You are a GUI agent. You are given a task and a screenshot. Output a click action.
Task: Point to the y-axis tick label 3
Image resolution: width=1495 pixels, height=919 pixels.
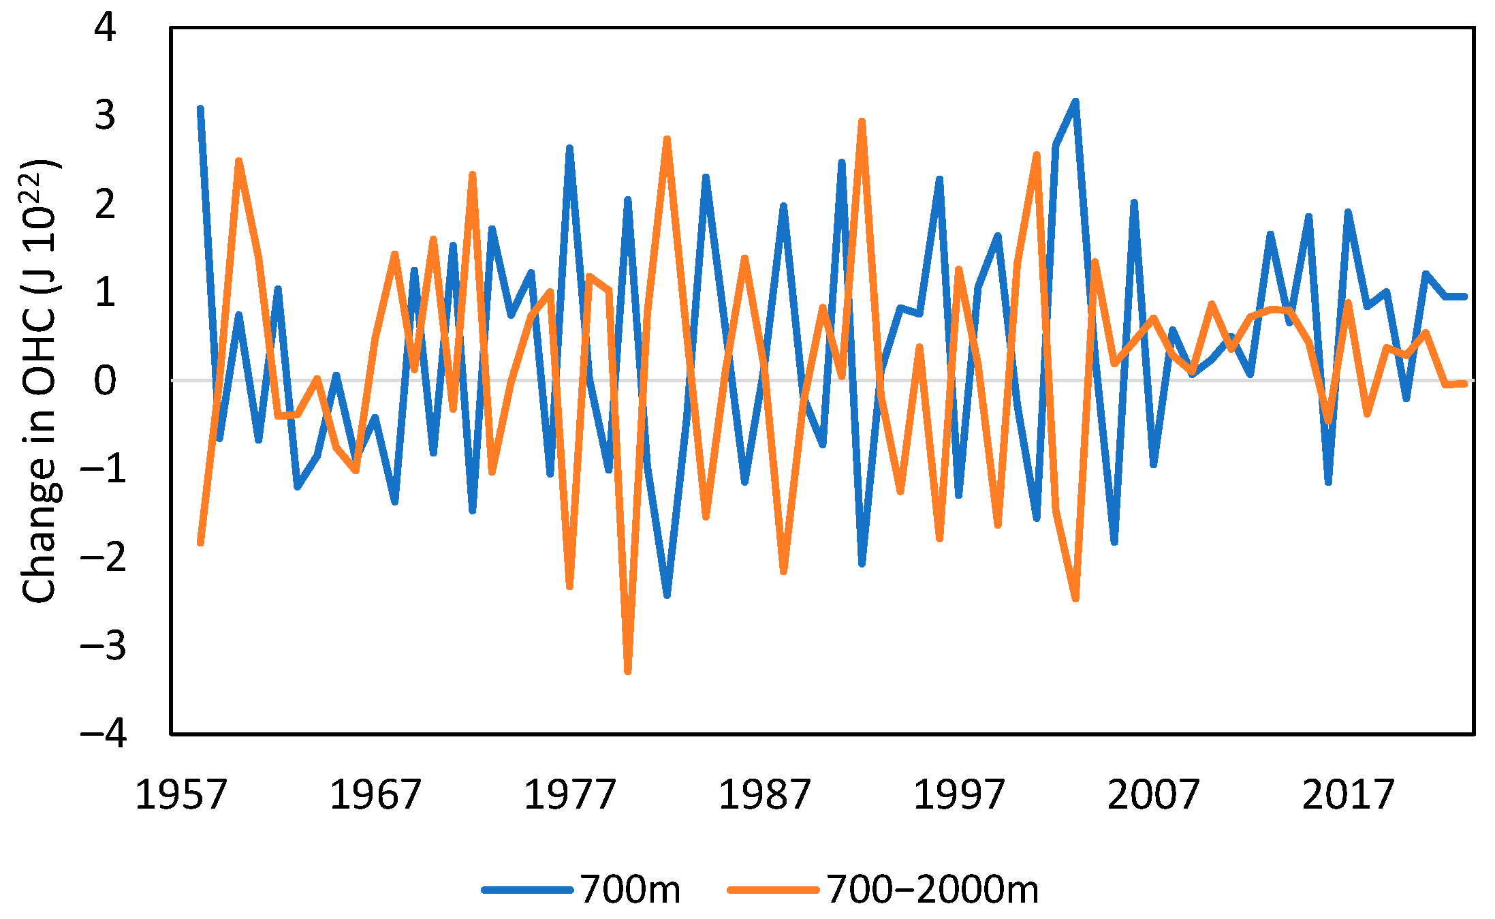[106, 116]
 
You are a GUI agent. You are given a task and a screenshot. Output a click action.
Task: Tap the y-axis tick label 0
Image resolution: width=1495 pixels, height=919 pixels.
[106, 380]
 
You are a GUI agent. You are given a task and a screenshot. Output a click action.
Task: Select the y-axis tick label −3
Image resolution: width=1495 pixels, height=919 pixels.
[104, 645]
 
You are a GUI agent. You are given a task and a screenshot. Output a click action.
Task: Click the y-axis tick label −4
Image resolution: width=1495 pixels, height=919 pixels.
[104, 734]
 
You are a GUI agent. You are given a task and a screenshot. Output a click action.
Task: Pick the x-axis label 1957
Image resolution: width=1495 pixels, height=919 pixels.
[180, 794]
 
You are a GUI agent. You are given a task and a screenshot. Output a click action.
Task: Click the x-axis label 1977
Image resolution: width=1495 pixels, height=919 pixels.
[569, 794]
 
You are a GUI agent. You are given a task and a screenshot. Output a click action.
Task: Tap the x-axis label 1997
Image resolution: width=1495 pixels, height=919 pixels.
[958, 794]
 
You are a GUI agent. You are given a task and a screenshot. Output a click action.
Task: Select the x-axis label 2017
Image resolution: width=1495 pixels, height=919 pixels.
[1348, 794]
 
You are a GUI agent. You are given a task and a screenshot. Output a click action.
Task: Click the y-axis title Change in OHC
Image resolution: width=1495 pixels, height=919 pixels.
[40, 381]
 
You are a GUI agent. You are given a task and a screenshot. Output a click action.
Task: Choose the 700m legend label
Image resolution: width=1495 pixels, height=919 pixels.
[630, 889]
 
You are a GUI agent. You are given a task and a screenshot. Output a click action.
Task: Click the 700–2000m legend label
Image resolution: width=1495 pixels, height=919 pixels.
[932, 889]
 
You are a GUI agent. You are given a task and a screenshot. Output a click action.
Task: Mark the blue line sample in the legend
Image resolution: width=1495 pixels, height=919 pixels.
[526, 890]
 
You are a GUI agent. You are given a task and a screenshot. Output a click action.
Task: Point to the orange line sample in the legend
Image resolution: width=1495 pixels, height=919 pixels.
[773, 890]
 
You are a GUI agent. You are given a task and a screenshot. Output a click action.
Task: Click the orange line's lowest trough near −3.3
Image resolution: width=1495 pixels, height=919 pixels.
[628, 672]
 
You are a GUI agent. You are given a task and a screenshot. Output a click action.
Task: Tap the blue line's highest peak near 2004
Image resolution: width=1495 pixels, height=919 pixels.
[1075, 102]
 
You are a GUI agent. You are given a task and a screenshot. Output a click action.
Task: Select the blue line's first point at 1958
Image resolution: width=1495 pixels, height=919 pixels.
[200, 108]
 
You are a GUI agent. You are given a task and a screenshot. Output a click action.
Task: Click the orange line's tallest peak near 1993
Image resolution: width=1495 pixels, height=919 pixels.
[862, 121]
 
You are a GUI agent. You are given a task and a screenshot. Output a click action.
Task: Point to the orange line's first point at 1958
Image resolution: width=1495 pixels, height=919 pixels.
[200, 543]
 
